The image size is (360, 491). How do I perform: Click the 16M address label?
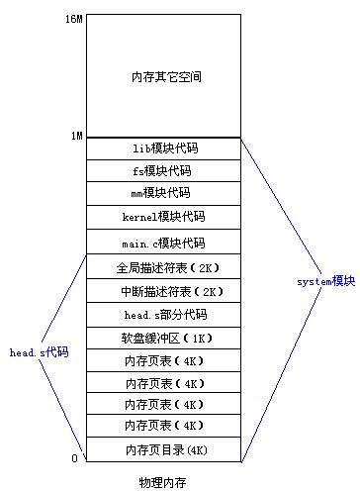pos(71,18)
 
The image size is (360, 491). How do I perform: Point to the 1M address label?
pos(74,135)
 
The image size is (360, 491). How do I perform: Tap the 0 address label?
pos(76,458)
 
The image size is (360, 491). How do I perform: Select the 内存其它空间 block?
pos(164,76)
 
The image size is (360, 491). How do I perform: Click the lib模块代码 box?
pos(164,147)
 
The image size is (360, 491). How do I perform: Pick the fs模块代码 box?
pos(164,170)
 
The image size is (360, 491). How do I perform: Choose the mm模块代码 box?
pos(164,193)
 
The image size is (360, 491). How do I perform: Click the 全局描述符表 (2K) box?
pos(164,267)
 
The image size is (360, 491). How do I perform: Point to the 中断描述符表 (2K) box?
pos(164,291)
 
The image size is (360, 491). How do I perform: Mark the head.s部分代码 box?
pos(164,315)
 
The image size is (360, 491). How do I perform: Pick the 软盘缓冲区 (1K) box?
pos(164,339)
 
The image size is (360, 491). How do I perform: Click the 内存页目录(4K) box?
pos(164,450)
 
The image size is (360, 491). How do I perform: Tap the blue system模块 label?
pos(324,282)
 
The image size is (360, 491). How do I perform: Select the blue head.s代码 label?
pos(39,352)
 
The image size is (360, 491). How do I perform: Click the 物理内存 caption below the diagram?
pos(164,482)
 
